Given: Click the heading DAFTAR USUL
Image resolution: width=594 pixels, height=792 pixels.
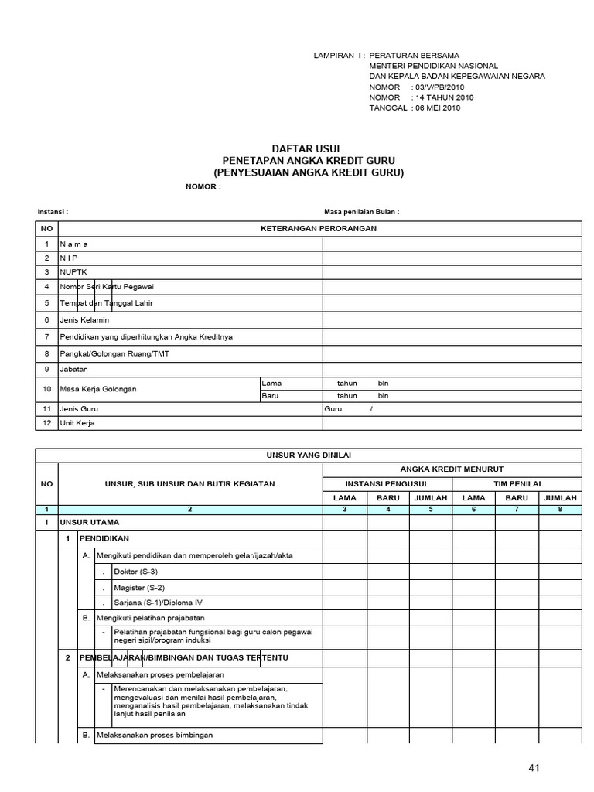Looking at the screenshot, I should point(308,148).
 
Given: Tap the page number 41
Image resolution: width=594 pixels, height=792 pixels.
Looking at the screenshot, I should point(534,768).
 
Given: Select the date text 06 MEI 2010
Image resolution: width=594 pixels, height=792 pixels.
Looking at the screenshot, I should point(438,108).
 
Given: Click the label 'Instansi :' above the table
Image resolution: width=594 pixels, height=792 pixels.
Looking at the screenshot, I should point(53,211).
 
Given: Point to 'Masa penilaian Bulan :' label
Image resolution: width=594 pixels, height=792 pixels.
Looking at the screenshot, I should point(361,211).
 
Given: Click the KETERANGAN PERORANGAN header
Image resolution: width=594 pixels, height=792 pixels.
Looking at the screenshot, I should point(319,228).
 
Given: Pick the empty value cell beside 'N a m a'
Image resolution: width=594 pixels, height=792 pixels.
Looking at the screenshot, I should point(452,244).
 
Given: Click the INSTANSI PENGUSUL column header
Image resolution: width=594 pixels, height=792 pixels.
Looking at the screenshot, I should point(387,483).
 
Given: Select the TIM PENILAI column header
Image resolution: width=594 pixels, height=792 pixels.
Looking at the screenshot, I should point(516,483).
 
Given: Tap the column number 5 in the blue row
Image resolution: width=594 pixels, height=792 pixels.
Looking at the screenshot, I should point(430,509).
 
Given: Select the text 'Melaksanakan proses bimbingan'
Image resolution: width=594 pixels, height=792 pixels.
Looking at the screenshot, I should point(154,735).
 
